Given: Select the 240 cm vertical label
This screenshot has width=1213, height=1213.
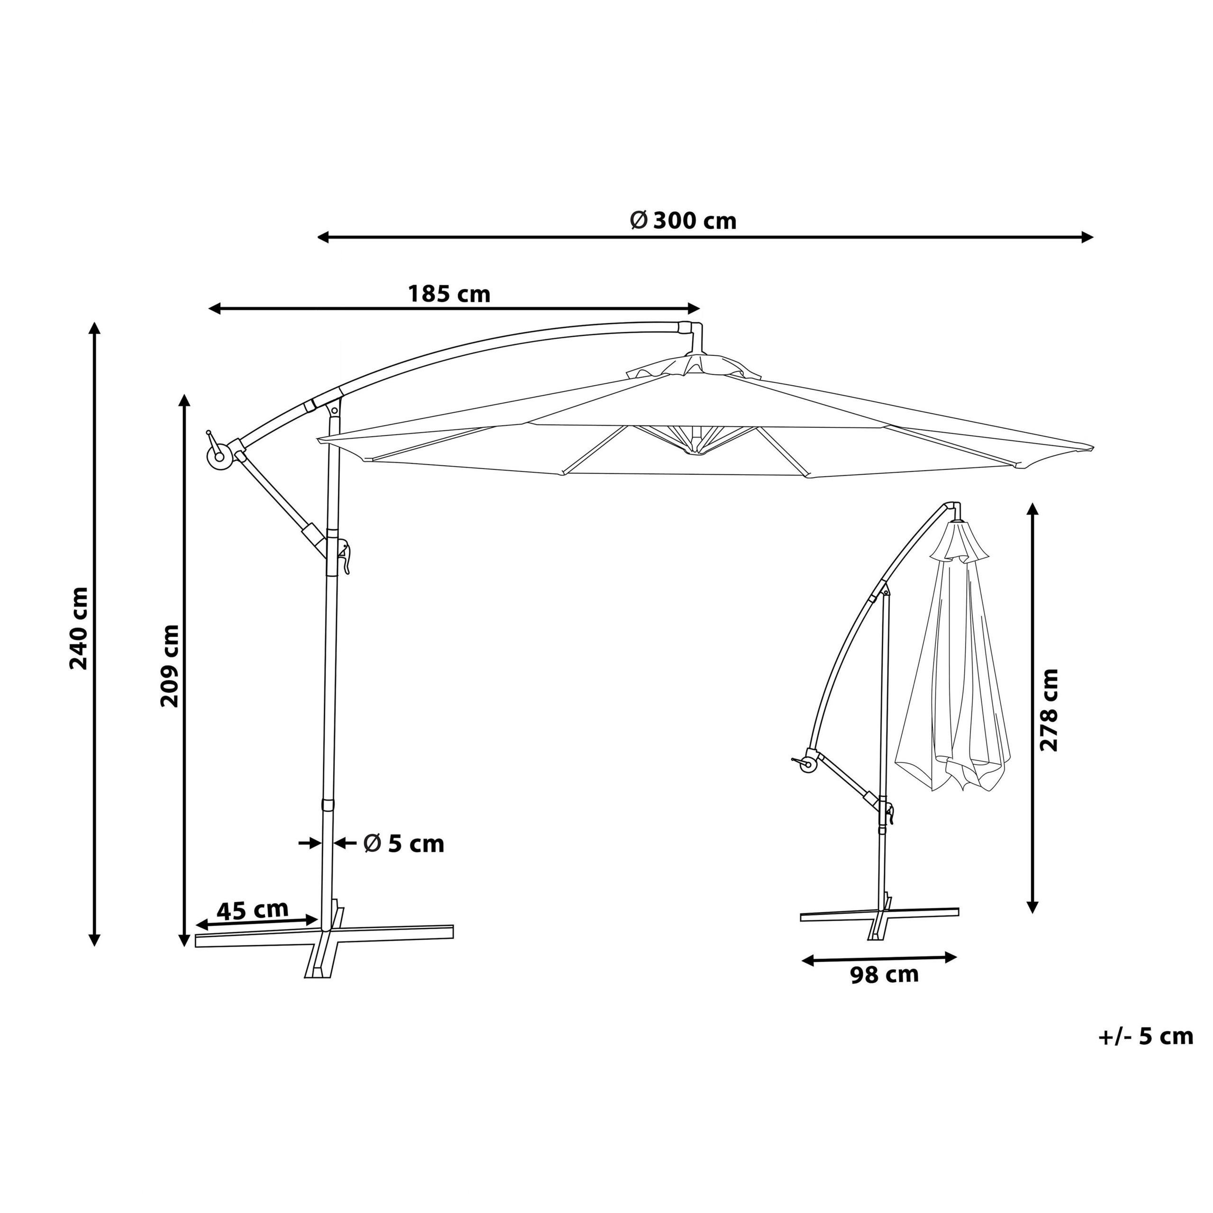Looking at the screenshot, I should click(79, 628).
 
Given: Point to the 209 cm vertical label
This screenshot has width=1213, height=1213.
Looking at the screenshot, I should click(170, 666).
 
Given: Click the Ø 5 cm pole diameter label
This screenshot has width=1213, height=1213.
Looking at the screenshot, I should click(404, 844).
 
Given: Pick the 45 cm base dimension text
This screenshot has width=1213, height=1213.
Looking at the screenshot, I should click(253, 910).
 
